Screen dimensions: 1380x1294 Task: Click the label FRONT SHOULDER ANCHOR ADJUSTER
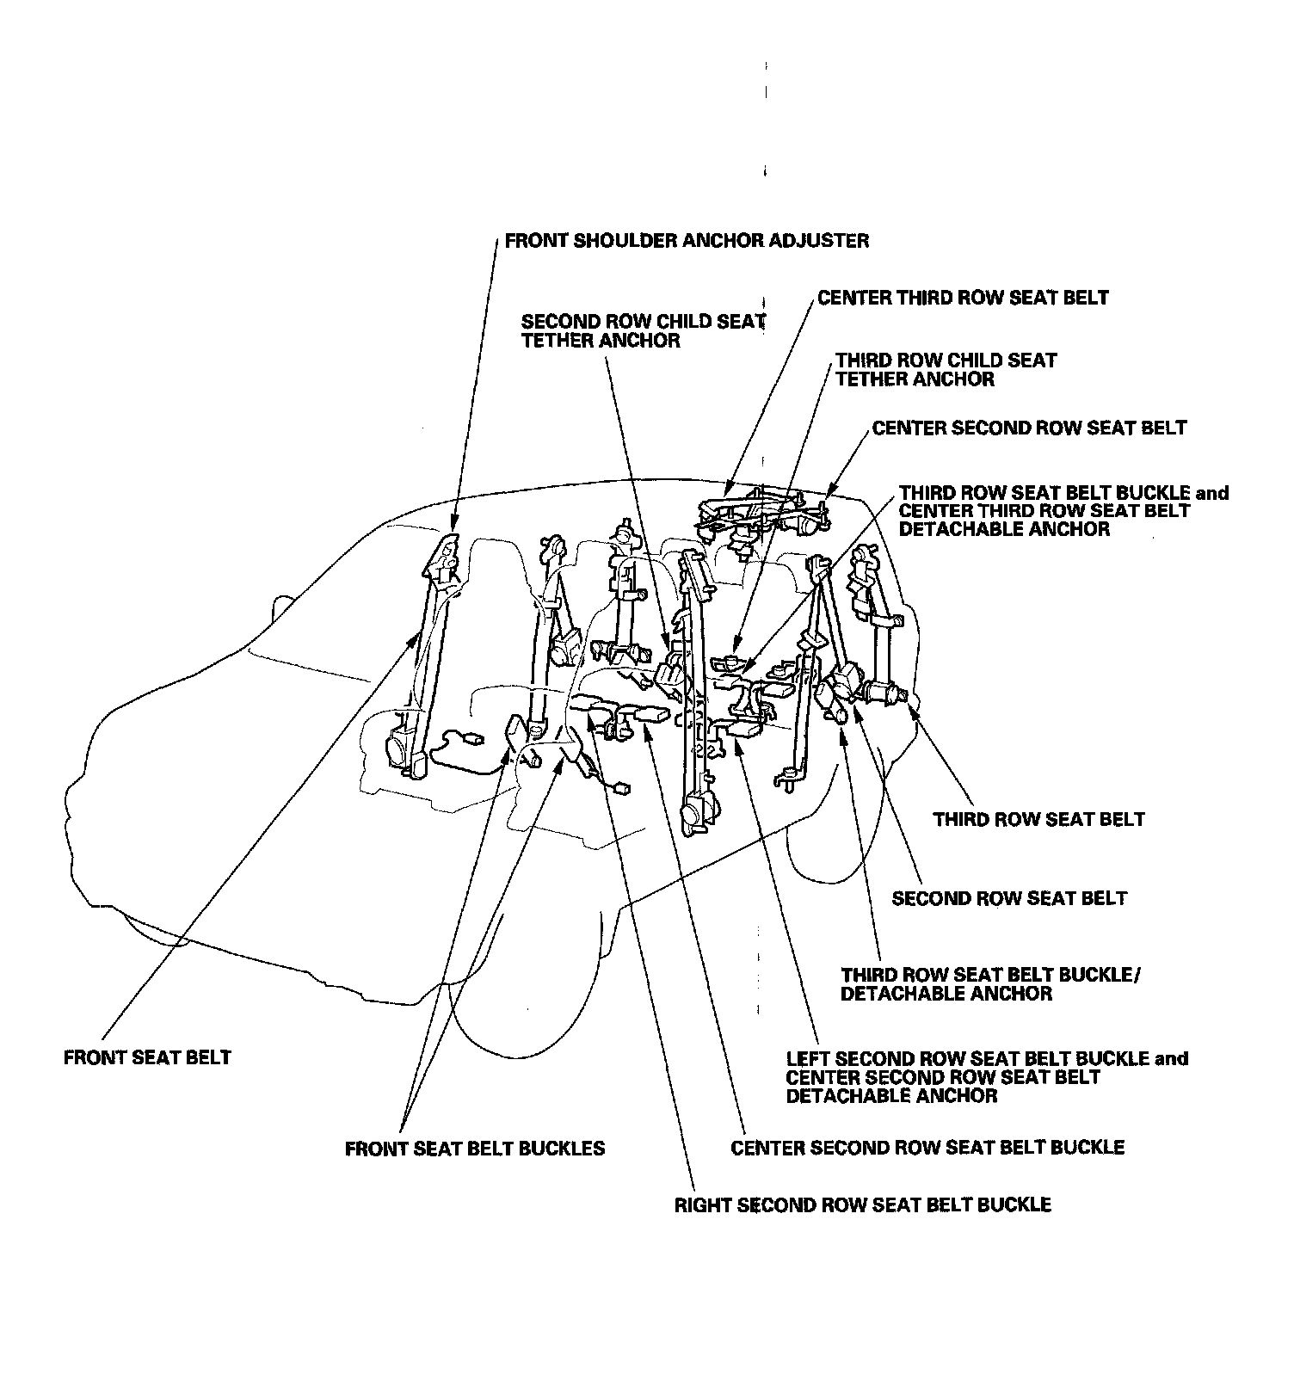coord(687,241)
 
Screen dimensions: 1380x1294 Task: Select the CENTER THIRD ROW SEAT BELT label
coord(963,298)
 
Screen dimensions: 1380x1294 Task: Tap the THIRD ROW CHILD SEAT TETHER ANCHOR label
coord(946,370)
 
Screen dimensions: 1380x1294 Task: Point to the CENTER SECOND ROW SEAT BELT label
coord(1029,428)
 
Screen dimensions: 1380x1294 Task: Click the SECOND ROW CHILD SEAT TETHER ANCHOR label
coord(643,331)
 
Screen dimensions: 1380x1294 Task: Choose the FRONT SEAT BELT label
coord(147,1057)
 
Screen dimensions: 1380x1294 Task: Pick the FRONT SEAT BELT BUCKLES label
coord(474,1149)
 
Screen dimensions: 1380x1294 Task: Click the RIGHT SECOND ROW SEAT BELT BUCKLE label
coord(862,1204)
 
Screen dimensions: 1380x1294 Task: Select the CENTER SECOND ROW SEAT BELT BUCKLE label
coord(927,1148)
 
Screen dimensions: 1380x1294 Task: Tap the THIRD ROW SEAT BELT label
coord(1038,819)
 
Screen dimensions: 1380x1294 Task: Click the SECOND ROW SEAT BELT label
coord(1008,899)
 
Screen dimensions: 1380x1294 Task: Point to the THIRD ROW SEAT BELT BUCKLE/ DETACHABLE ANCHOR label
coord(990,984)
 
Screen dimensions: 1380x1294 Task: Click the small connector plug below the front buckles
coord(619,786)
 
